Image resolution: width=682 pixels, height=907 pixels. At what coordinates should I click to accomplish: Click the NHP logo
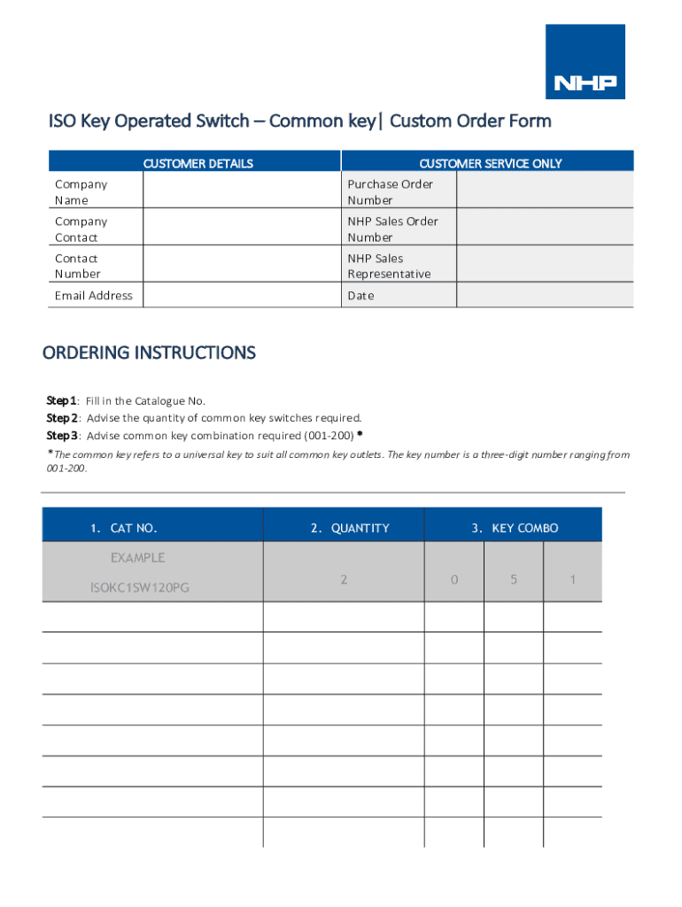(x=585, y=62)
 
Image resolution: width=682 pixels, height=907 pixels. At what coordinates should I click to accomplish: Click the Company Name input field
(x=241, y=190)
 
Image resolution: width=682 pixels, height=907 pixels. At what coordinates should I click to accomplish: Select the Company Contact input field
(x=241, y=228)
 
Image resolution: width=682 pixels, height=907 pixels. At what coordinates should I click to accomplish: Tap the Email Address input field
(x=241, y=296)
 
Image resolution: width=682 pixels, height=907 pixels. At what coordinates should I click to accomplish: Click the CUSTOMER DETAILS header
(x=198, y=163)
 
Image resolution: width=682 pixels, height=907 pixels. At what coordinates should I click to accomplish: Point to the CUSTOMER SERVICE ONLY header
(x=490, y=163)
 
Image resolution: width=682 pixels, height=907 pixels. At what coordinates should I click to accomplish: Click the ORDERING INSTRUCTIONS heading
(x=150, y=353)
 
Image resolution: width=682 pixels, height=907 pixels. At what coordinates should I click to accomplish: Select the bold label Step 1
(x=61, y=400)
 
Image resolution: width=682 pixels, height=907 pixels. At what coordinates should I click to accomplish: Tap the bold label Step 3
(x=61, y=436)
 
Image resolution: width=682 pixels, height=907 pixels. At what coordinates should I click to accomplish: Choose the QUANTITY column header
(x=350, y=529)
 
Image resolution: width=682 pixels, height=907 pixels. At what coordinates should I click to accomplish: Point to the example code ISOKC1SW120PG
(x=139, y=587)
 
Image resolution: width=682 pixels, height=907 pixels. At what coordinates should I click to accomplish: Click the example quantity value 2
(x=344, y=579)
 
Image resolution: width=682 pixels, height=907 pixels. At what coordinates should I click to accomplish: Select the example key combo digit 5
(x=514, y=579)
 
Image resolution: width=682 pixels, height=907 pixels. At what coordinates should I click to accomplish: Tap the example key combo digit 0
(x=454, y=579)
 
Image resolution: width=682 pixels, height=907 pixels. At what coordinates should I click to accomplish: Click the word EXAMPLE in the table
(x=137, y=558)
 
